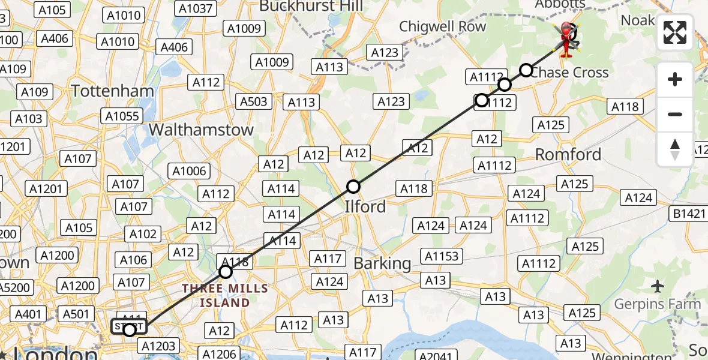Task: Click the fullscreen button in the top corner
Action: pyautogui.click(x=675, y=32)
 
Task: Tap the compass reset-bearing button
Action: pyautogui.click(x=675, y=149)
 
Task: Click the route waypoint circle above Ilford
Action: pyautogui.click(x=353, y=187)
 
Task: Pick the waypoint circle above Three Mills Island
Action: pyautogui.click(x=225, y=272)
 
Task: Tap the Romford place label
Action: pyautogui.click(x=568, y=155)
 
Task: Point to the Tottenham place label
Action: pyautogui.click(x=113, y=91)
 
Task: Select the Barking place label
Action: pyautogui.click(x=382, y=263)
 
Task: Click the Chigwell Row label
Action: pyautogui.click(x=443, y=26)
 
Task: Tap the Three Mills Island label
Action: pyautogui.click(x=225, y=296)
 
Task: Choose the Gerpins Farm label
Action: pyautogui.click(x=657, y=304)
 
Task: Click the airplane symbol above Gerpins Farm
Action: pyautogui.click(x=658, y=286)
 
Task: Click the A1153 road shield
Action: pyautogui.click(x=441, y=257)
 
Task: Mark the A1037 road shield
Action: pyautogui.click(x=195, y=8)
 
